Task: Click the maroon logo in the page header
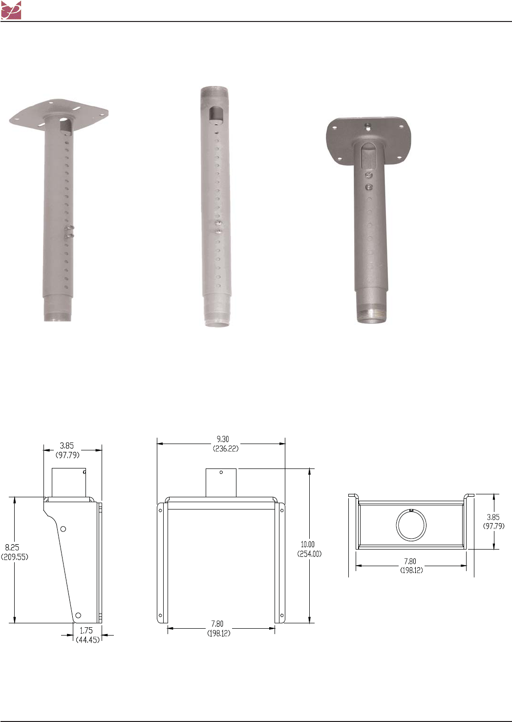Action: pyautogui.click(x=11, y=10)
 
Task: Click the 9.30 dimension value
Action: pyautogui.click(x=223, y=439)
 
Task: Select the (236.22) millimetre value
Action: pyautogui.click(x=226, y=448)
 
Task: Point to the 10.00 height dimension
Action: pyautogui.click(x=308, y=544)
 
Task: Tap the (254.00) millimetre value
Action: pyautogui.click(x=310, y=554)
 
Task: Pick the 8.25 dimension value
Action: pyautogui.click(x=12, y=547)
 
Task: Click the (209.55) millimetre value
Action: pyautogui.click(x=15, y=557)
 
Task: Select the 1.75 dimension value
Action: pyautogui.click(x=86, y=631)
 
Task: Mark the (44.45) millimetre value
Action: pyautogui.click(x=88, y=640)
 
